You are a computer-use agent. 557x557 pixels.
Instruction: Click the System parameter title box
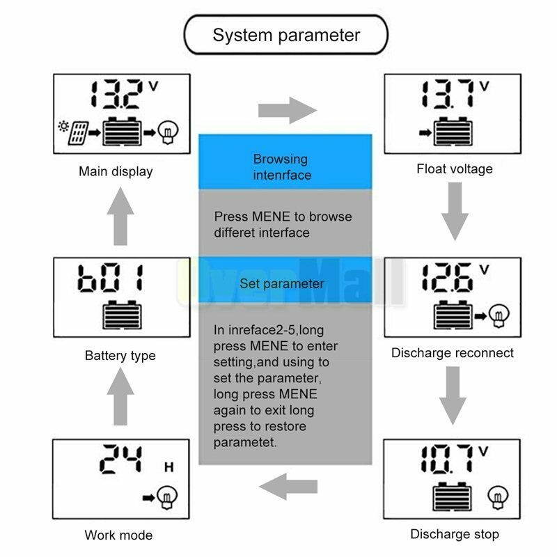[x=285, y=35]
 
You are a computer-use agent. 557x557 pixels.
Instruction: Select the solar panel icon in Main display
[x=77, y=131]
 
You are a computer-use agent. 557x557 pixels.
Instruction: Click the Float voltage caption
[x=454, y=168]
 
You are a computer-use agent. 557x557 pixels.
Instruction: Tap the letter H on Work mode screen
[x=168, y=467]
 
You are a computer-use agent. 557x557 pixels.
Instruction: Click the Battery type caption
[x=120, y=356]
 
